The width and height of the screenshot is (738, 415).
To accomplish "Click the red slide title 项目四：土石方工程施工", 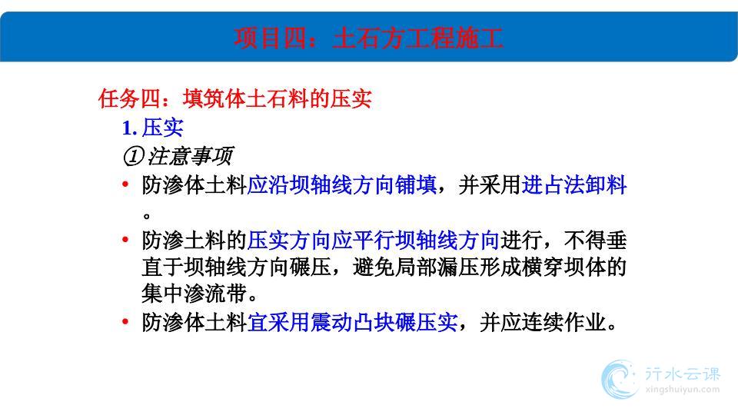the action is [368, 38].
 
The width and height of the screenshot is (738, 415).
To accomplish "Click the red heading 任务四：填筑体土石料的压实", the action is [235, 99].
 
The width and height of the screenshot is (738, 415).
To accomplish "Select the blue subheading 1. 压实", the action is [152, 128].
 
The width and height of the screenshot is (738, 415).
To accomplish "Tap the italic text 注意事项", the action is [190, 156].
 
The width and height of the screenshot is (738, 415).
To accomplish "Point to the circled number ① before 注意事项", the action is [133, 157].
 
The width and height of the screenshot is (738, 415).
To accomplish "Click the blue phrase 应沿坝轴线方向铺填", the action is [341, 185].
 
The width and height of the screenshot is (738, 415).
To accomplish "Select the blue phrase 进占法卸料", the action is [574, 185].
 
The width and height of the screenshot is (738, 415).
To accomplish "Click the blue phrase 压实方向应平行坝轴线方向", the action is [373, 241].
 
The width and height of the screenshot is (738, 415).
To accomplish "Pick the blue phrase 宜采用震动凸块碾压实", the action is [352, 323].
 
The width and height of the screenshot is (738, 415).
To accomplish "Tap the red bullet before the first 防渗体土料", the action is [125, 184].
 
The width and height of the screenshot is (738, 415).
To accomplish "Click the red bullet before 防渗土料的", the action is [125, 240].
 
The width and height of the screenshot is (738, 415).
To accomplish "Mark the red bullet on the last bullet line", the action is [125, 322].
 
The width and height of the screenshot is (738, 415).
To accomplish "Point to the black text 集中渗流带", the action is [194, 294].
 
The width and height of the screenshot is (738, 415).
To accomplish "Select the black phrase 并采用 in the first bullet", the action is [490, 185].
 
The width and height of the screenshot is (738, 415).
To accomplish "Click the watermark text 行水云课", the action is [683, 374].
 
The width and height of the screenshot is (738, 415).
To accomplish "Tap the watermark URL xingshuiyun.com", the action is [683, 390].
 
